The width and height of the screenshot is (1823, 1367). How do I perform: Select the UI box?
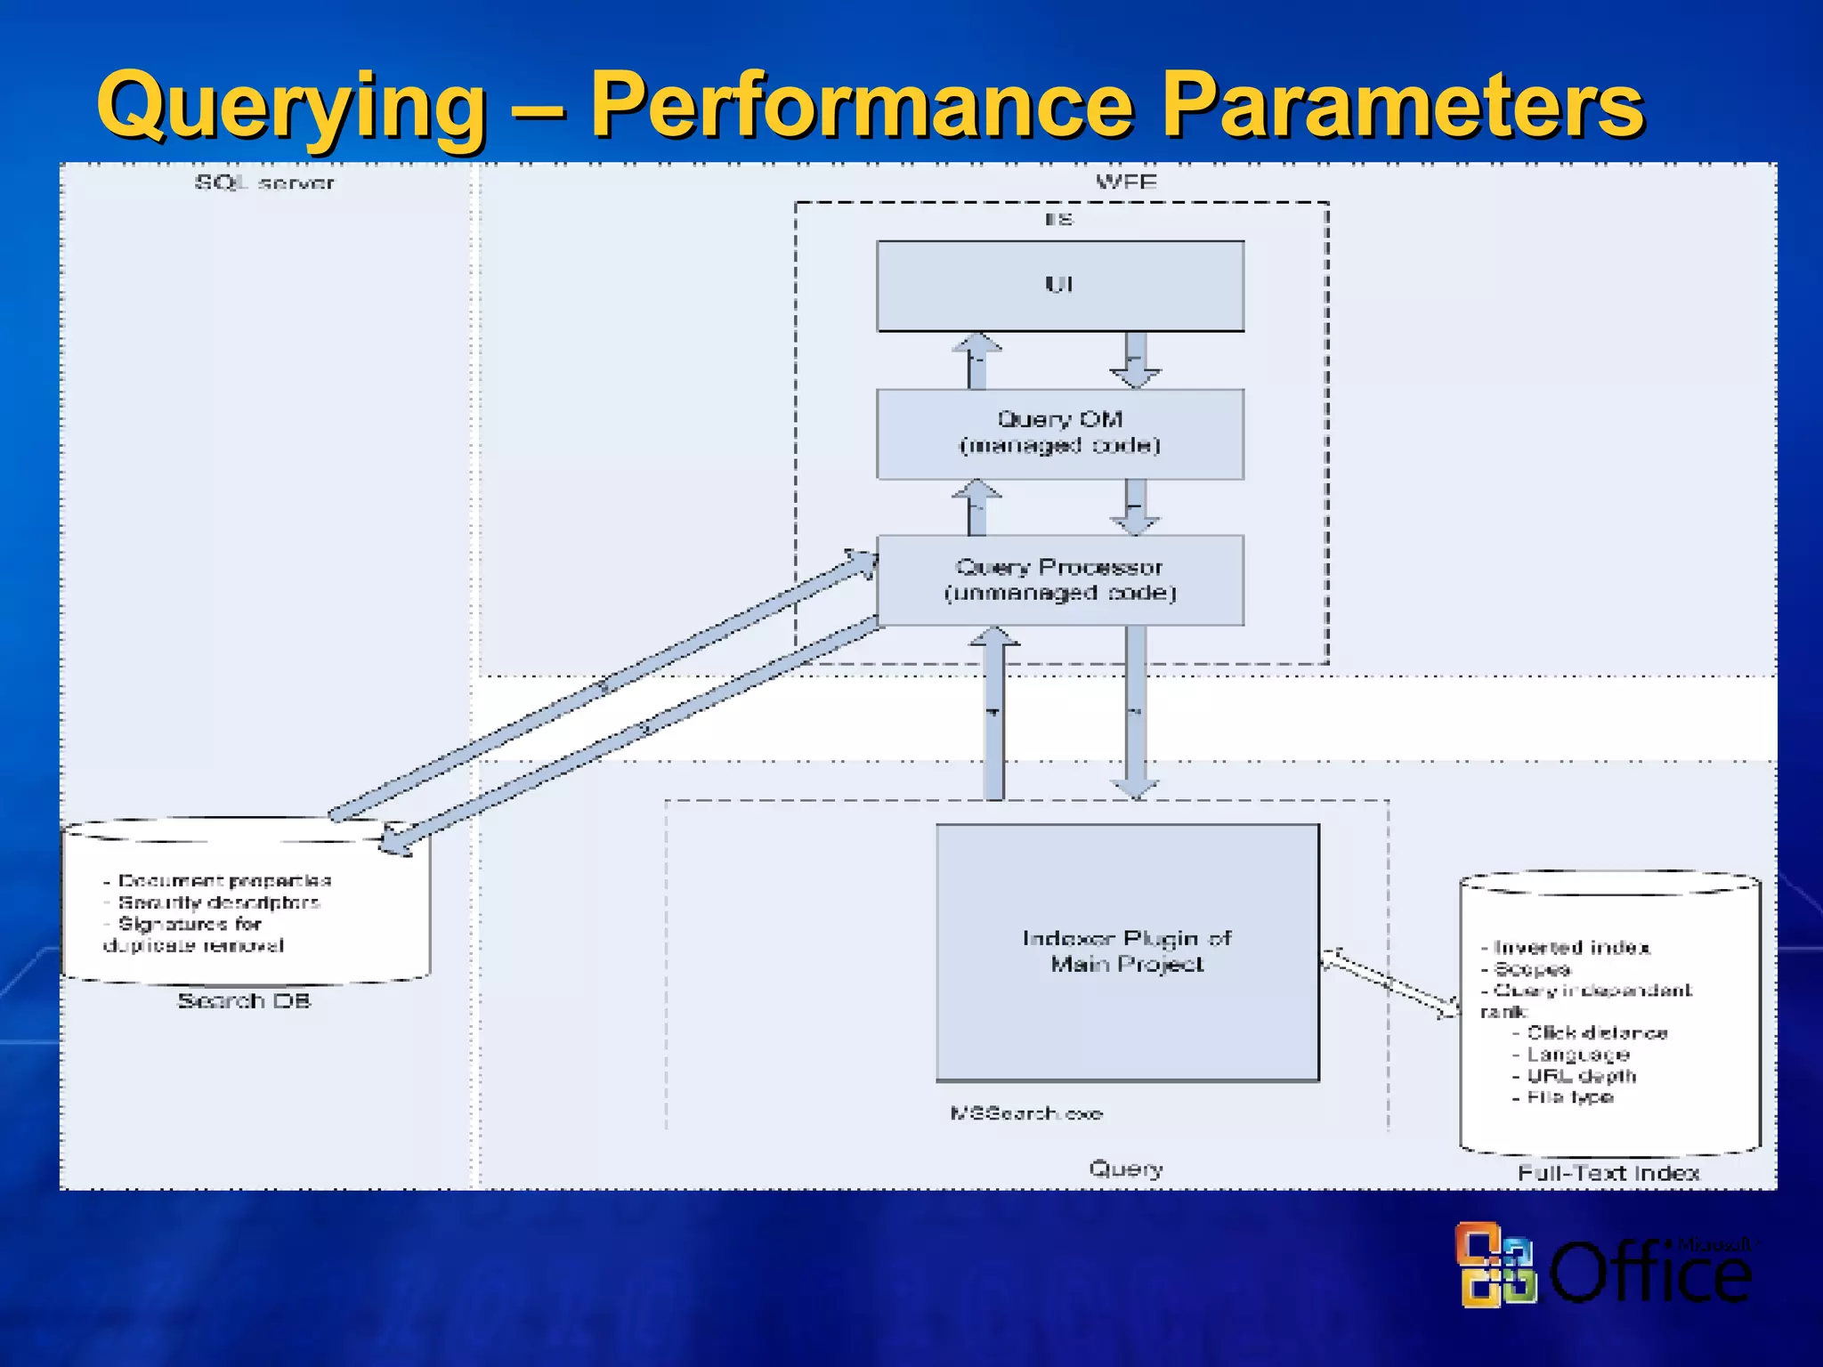pos(1060,286)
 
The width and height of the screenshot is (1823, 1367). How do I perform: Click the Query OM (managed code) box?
pos(1060,433)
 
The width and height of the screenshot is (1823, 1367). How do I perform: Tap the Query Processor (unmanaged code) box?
pos(1060,580)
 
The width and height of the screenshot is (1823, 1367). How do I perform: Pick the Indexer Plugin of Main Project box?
pos(1127,952)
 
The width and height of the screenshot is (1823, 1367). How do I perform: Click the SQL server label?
pos(264,183)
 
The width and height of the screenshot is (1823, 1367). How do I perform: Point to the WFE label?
pos(1126,182)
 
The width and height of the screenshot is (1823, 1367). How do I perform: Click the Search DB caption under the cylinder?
pos(244,1001)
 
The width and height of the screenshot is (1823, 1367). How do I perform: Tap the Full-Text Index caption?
pos(1608,1173)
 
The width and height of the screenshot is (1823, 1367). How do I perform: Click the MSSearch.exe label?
pos(1026,1113)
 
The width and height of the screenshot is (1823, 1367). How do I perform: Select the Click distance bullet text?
pos(1597,1033)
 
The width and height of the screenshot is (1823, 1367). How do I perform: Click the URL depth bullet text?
pos(1581,1076)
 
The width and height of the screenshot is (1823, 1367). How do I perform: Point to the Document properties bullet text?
pos(223,881)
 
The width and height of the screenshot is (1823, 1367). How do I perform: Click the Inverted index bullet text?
pos(1571,948)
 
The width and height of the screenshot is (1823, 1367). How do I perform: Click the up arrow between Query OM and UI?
pos(976,360)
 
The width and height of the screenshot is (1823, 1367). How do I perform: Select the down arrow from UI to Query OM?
pos(1135,360)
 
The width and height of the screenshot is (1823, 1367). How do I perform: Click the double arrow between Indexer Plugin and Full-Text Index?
pos(1390,984)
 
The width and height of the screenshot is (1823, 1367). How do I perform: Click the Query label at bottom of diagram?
pos(1126,1169)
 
